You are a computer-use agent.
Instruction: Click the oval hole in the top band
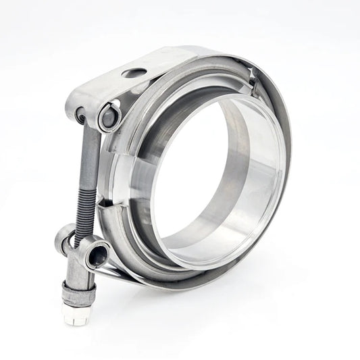click(135, 73)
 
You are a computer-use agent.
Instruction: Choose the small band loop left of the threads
click(64, 236)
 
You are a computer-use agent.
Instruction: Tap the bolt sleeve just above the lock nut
click(76, 274)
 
